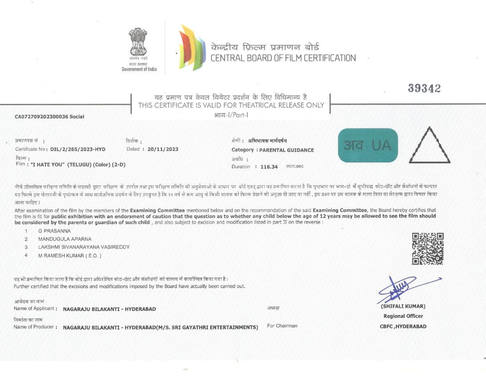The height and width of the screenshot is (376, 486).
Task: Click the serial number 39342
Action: pyautogui.click(x=424, y=88)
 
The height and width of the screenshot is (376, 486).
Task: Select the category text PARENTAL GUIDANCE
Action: pyautogui.click(x=286, y=150)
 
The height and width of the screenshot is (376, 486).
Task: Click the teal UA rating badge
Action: pyautogui.click(x=367, y=145)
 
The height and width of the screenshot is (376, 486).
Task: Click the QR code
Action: pyautogui.click(x=428, y=249)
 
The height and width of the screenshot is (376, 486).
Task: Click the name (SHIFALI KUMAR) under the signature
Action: pyautogui.click(x=403, y=306)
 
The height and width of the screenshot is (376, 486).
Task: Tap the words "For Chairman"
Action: pyautogui.click(x=282, y=325)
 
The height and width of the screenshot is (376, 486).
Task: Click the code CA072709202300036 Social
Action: pyautogui.click(x=50, y=117)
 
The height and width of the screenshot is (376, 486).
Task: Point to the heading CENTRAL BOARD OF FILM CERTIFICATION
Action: pyautogui.click(x=283, y=58)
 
